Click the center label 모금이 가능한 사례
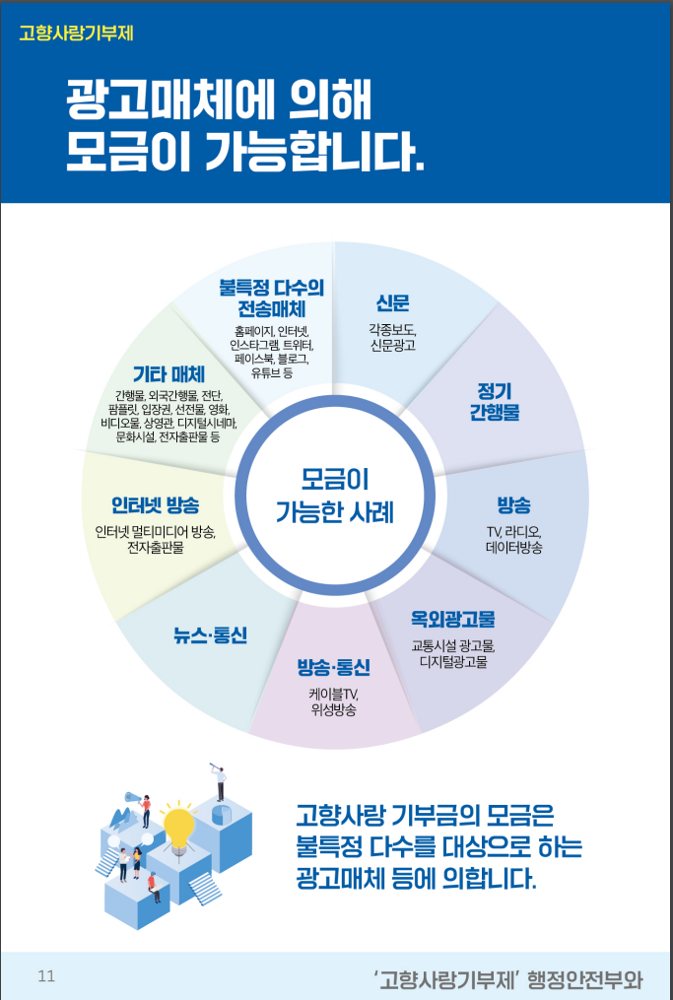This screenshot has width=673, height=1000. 335,496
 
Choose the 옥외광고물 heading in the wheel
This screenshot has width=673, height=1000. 452,619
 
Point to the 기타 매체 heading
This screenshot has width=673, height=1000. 168,374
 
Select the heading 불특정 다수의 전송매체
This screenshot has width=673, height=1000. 271,299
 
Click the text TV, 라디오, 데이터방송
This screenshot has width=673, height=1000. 513,540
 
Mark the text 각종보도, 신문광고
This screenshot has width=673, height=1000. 392,337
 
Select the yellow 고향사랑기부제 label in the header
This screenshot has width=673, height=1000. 76,32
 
